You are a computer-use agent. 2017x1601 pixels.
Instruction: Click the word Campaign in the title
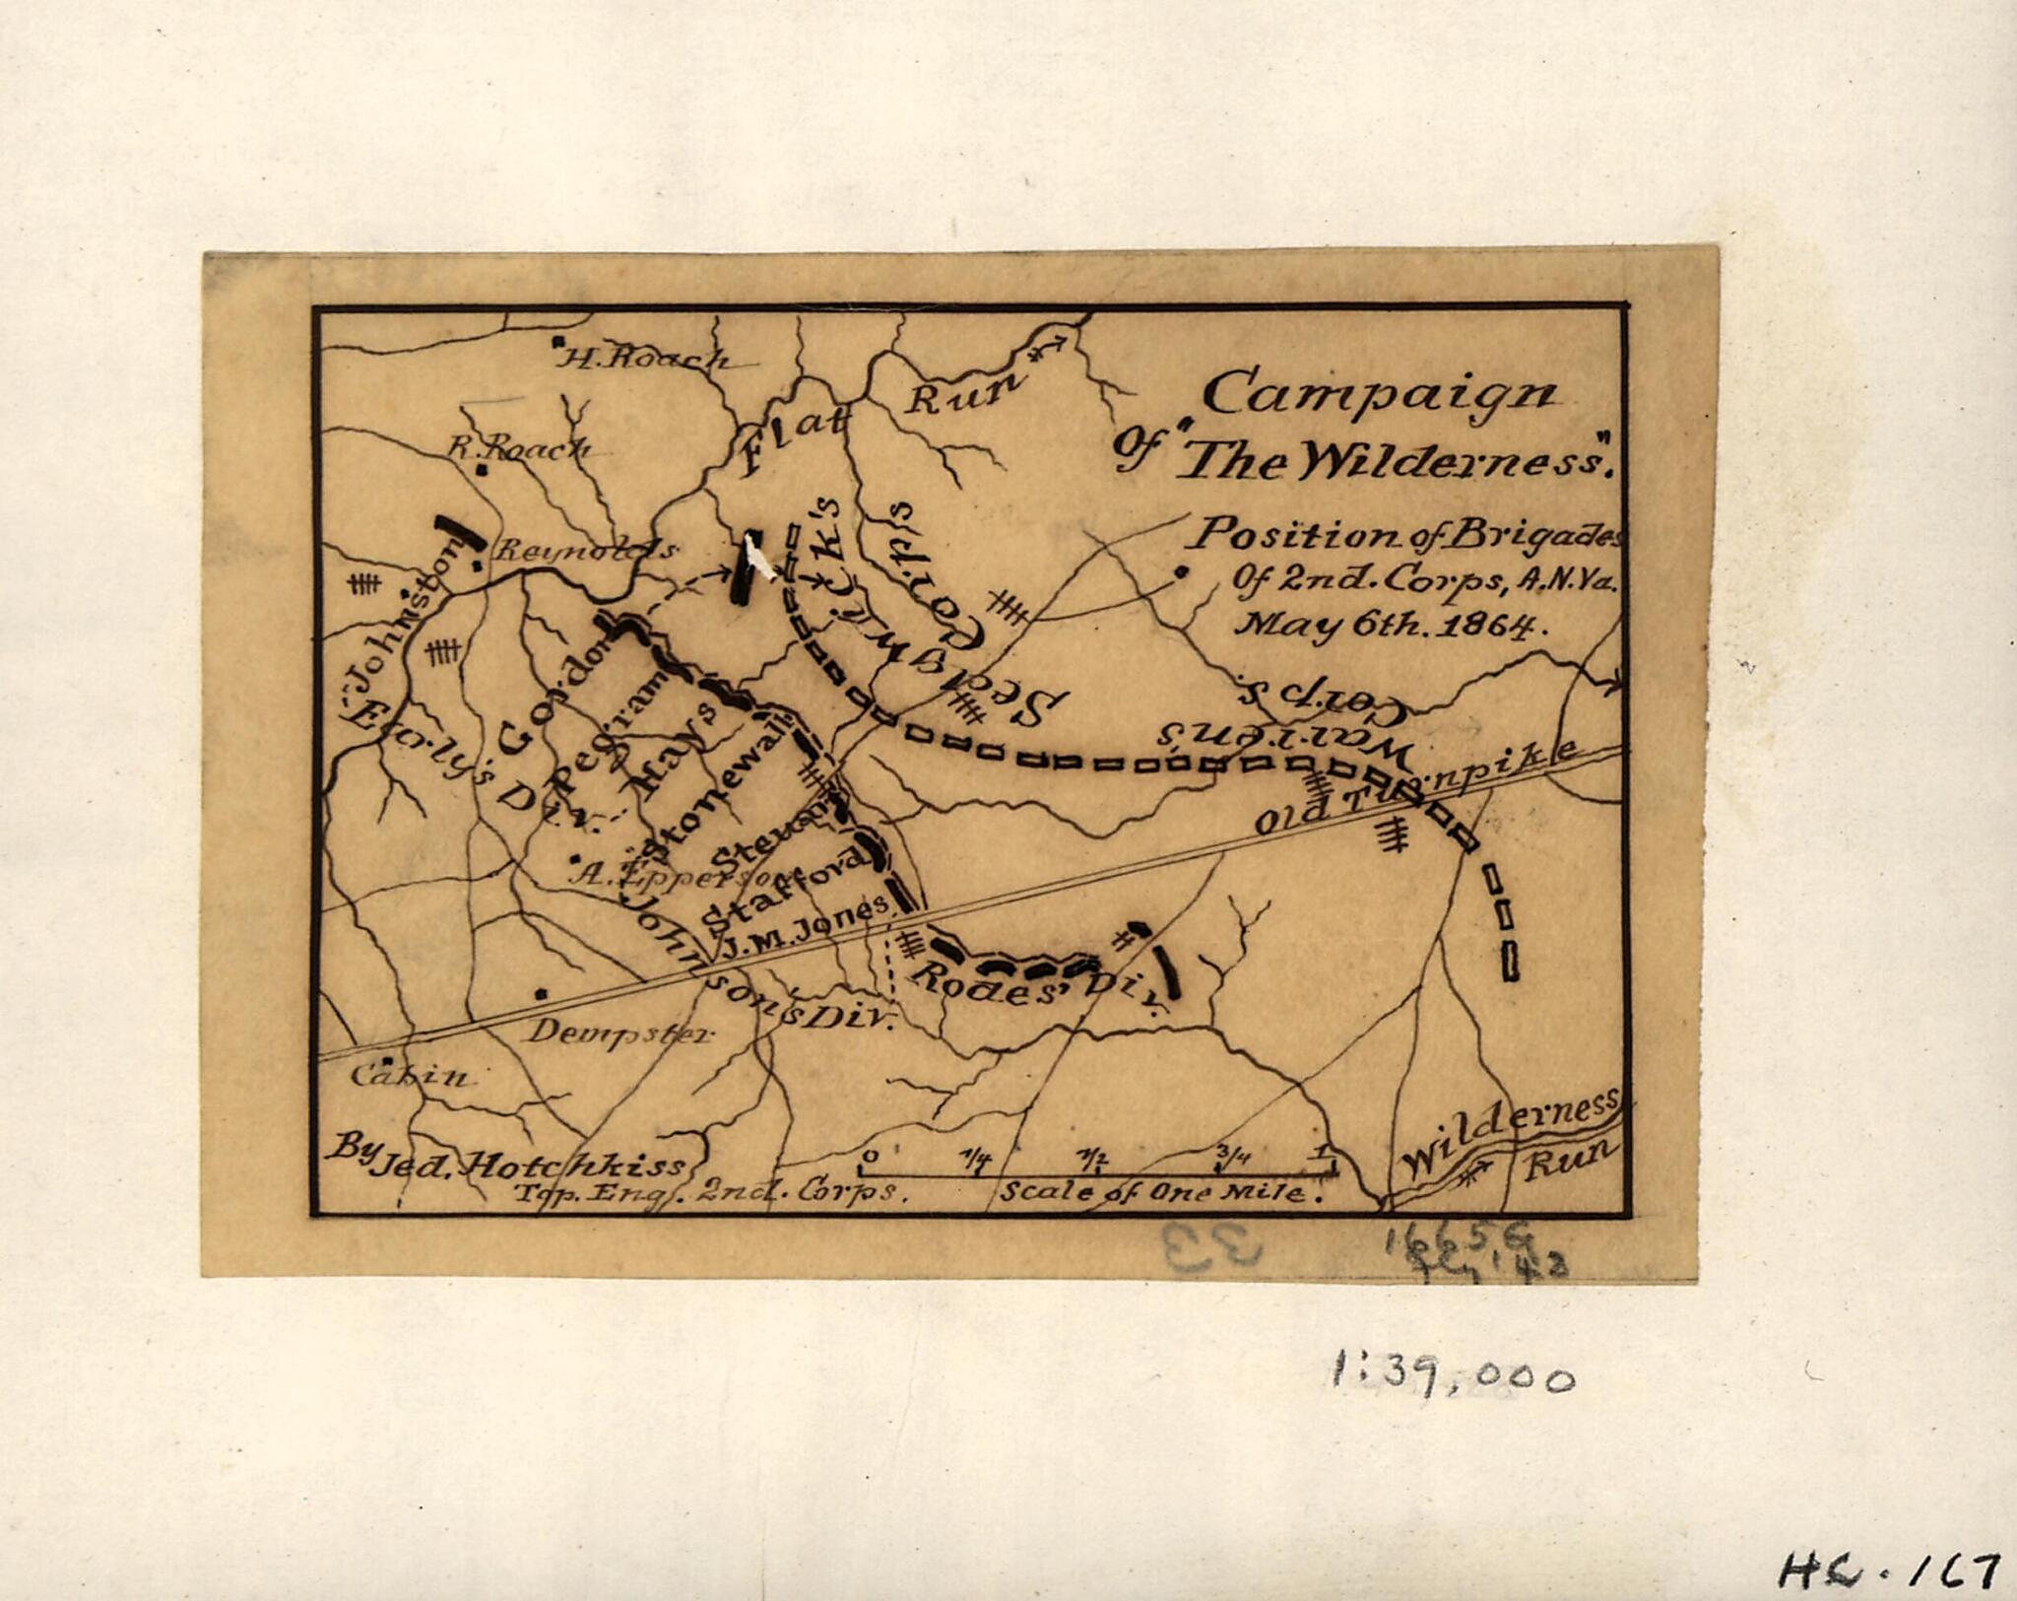point(1379,395)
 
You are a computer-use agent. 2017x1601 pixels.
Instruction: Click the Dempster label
point(619,1034)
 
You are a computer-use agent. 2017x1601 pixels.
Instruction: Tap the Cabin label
point(412,1076)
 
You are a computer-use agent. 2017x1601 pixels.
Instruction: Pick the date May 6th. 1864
point(1384,624)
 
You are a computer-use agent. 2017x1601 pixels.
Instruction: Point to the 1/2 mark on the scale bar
point(1094,1157)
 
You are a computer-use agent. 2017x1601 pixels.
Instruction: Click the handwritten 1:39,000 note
point(1453,1372)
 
